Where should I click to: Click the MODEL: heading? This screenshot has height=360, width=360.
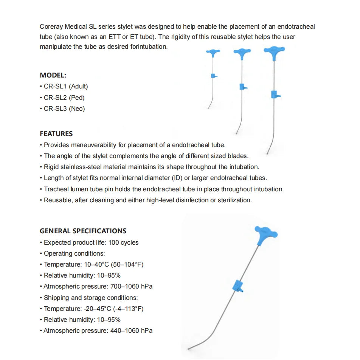(53, 75)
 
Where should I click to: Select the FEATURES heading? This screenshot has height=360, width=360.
(56, 134)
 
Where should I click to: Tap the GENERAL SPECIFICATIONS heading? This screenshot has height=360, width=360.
(83, 231)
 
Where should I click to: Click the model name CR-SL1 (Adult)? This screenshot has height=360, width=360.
(66, 86)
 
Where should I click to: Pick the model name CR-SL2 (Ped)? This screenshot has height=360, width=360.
(64, 98)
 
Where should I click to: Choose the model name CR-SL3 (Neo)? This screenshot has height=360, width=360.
(64, 109)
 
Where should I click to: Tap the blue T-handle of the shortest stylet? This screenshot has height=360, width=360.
(214, 53)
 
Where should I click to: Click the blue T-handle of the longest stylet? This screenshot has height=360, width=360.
(274, 50)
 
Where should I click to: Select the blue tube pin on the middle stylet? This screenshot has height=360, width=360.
(242, 87)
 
